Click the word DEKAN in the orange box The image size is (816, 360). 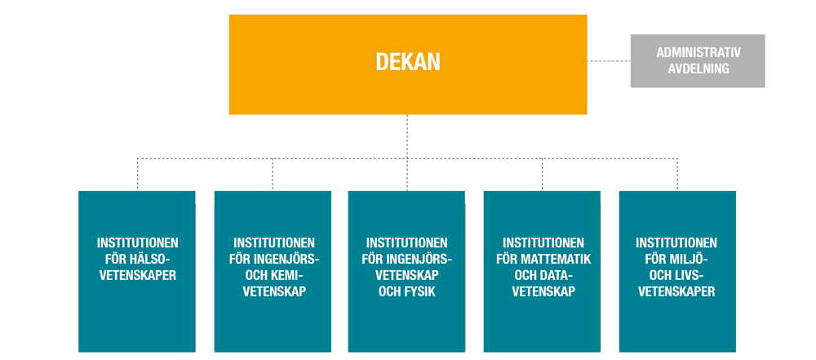pyautogui.click(x=408, y=62)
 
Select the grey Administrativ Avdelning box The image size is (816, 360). pyautogui.click(x=698, y=61)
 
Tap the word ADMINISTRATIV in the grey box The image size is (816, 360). pyautogui.click(x=698, y=52)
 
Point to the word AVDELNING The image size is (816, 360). pyautogui.click(x=698, y=69)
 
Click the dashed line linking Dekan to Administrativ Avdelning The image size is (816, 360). pyautogui.click(x=609, y=61)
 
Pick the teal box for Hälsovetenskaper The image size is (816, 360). pyautogui.click(x=137, y=272)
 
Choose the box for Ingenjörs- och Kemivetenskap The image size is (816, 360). pyautogui.click(x=273, y=272)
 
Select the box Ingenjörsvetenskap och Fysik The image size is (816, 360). pyautogui.click(x=406, y=272)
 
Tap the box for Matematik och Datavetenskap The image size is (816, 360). pyautogui.click(x=543, y=272)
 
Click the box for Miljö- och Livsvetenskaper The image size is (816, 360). pyautogui.click(x=677, y=272)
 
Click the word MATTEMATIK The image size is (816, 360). pyautogui.click(x=560, y=260)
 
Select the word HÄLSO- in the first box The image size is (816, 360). pyautogui.click(x=153, y=259)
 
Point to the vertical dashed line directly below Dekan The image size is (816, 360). pyautogui.click(x=407, y=136)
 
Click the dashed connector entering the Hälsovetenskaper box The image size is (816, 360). pyautogui.click(x=137, y=175)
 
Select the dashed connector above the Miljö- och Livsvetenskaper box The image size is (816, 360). pyautogui.click(x=677, y=175)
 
